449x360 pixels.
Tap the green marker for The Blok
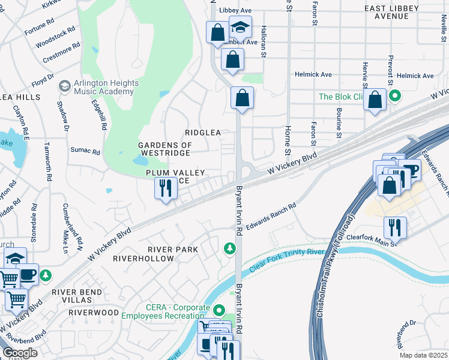(x=395, y=96)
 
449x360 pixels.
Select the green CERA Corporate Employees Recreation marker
(x=217, y=310)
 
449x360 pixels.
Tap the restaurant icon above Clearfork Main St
(x=394, y=227)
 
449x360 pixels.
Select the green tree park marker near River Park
(x=229, y=248)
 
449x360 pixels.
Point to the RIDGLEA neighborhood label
(x=203, y=132)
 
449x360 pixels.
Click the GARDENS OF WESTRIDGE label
(x=165, y=149)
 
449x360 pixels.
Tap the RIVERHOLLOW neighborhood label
(x=147, y=259)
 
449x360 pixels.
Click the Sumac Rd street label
(x=85, y=151)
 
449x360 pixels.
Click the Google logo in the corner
(x=20, y=353)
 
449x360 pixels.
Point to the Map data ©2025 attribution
(x=423, y=355)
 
